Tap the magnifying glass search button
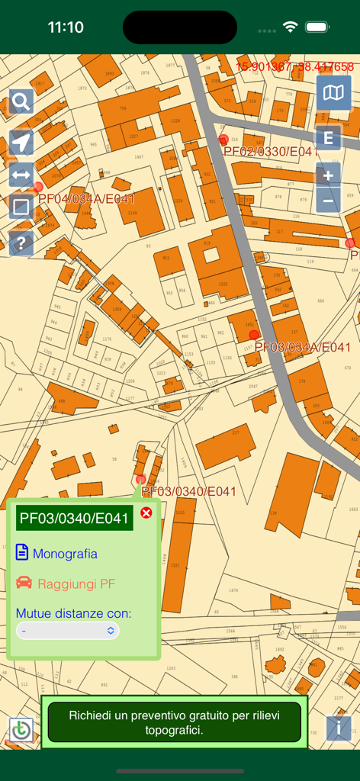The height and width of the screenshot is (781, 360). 21,101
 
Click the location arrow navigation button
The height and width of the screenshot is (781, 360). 21,142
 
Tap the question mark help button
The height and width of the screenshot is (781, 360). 21,244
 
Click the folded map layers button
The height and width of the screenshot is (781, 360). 334,93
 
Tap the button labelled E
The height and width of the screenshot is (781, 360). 329,139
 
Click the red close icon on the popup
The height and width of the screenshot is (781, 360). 146,513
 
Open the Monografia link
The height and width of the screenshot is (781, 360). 65,553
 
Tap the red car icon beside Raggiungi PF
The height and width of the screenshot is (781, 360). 24,583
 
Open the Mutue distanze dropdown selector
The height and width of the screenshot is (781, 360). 68,631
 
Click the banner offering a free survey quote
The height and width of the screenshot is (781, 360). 174,722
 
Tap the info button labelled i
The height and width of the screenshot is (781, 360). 339,728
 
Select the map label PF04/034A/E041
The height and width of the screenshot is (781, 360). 86,199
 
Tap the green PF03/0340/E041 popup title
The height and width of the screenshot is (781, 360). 75,519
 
